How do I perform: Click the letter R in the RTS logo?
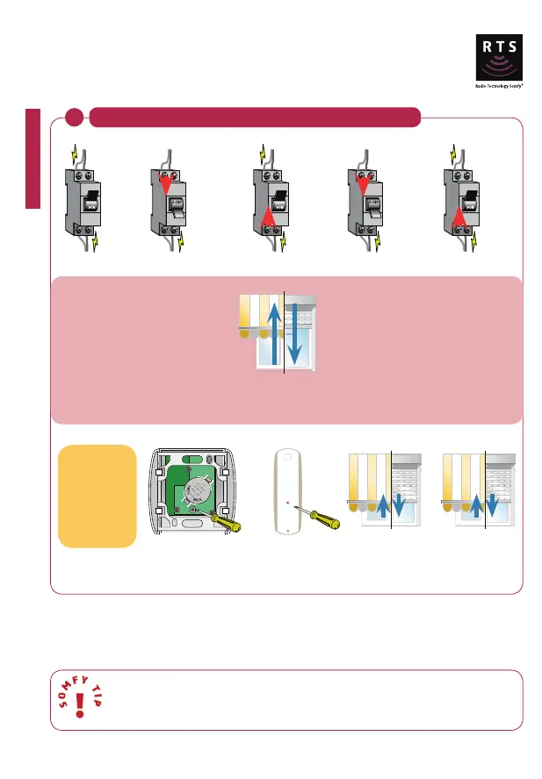[482, 49]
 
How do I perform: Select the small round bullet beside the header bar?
[76, 117]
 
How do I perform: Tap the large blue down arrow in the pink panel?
[297, 333]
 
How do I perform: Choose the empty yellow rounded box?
[97, 496]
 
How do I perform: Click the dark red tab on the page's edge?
[33, 158]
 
